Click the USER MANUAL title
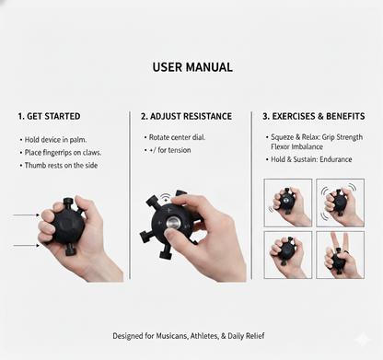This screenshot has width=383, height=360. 191,67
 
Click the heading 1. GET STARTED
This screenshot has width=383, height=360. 49,117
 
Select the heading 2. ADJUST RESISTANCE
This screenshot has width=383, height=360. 187,117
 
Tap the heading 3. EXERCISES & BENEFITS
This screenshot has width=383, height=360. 314,117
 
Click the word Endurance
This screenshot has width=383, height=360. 342,158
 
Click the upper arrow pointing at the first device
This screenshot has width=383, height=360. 27,215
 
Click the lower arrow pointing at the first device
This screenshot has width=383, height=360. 27,246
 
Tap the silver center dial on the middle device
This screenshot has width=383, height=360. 172,223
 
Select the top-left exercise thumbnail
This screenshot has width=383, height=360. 286,202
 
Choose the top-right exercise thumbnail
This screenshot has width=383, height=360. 340,202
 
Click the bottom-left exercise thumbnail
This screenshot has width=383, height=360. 286,254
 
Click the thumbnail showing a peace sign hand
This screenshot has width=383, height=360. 340,254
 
